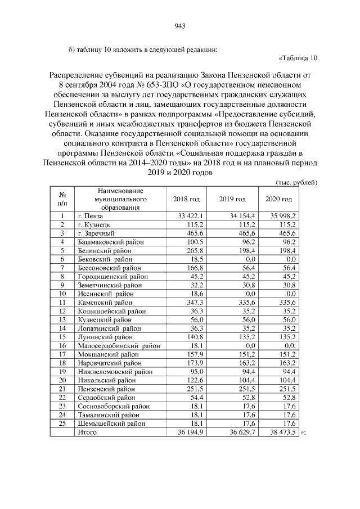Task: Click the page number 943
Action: (x=180, y=25)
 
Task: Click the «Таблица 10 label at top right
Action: (x=298, y=57)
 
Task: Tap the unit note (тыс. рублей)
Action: (x=297, y=182)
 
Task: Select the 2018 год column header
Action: (x=186, y=199)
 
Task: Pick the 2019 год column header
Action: (x=232, y=199)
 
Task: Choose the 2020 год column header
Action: (x=278, y=199)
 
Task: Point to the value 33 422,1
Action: (x=190, y=215)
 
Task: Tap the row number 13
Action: (x=62, y=319)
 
